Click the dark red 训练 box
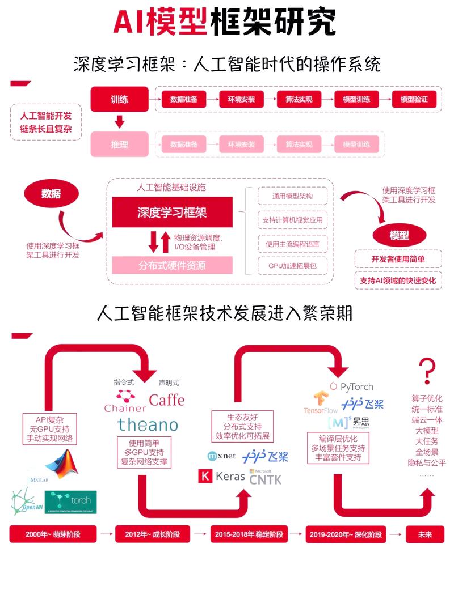[119, 99]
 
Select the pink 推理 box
[119, 144]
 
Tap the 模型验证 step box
[414, 99]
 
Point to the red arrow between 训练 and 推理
[119, 121]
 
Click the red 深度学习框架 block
[172, 212]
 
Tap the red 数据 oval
[51, 194]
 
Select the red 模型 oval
[399, 235]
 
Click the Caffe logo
[167, 400]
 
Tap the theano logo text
[148, 424]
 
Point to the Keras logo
[222, 477]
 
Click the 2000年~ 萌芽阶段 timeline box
[53, 534]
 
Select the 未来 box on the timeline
[425, 534]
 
